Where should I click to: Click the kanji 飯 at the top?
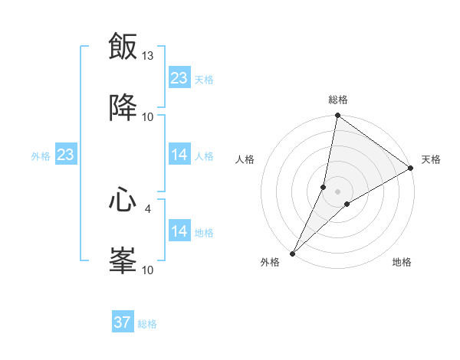click(x=123, y=47)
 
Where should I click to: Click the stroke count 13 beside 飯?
click(x=148, y=56)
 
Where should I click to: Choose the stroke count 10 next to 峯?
click(x=148, y=270)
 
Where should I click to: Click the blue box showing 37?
click(x=123, y=322)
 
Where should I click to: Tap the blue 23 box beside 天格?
click(x=179, y=78)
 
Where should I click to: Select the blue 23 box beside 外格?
click(x=66, y=155)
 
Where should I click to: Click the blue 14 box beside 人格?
click(x=179, y=155)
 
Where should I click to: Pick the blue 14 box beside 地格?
click(x=179, y=231)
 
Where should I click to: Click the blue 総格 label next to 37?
click(x=147, y=324)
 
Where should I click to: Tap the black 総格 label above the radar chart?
click(x=338, y=100)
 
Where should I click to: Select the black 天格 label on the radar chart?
click(x=432, y=159)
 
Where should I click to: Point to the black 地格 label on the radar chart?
click(x=402, y=263)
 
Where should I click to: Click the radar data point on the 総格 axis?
click(x=337, y=116)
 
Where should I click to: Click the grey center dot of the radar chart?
click(x=337, y=191)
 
